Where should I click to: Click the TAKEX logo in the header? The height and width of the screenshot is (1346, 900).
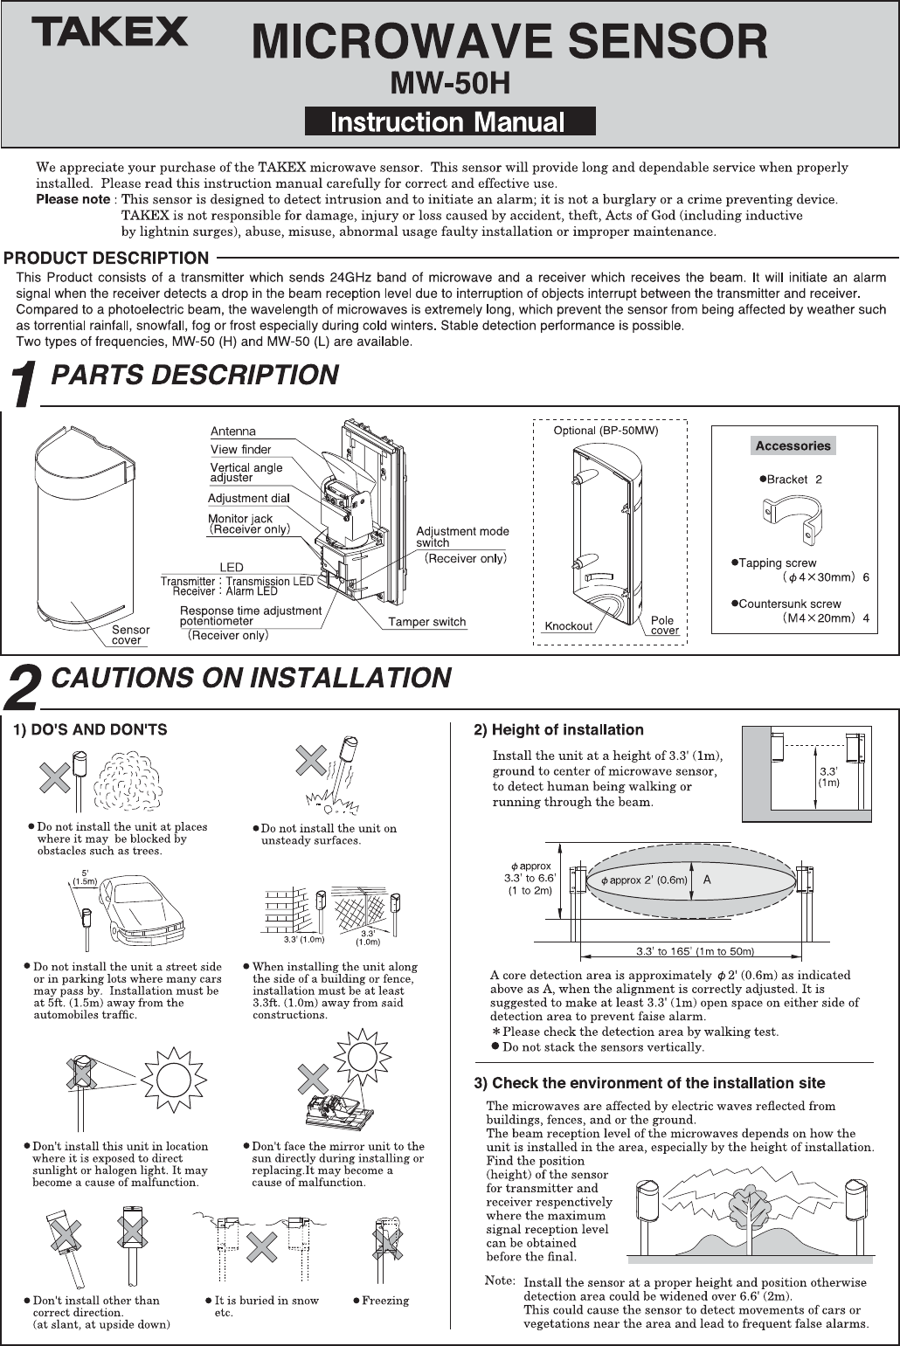click(110, 33)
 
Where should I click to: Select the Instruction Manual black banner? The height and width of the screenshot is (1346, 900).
click(449, 121)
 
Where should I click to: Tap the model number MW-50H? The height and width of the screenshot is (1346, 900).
click(449, 83)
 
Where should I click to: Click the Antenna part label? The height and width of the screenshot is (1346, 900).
click(233, 431)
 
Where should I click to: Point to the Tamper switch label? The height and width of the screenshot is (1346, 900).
click(426, 622)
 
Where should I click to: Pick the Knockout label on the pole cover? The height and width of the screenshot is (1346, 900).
click(568, 626)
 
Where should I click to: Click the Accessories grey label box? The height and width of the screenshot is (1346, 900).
click(793, 445)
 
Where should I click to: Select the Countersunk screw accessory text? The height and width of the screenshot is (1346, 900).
click(789, 604)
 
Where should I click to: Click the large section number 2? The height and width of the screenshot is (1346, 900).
click(23, 687)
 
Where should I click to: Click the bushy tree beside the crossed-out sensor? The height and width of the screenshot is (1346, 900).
click(128, 780)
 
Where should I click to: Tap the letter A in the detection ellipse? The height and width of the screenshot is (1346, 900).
click(707, 880)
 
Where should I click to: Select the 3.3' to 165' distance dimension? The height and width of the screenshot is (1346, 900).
click(695, 951)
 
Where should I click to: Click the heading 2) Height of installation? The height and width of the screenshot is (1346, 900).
click(558, 730)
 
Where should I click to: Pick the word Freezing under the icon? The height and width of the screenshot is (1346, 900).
click(384, 1301)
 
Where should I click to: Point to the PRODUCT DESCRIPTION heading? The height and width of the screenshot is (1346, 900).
click(107, 259)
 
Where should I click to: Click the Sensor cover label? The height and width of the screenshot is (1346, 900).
click(131, 635)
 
